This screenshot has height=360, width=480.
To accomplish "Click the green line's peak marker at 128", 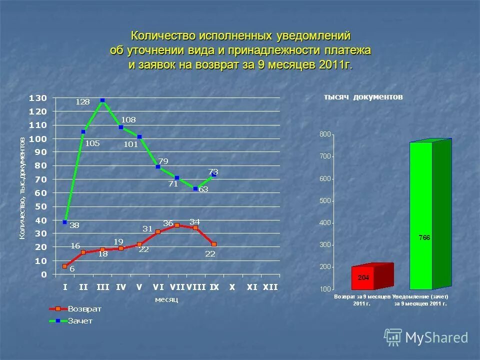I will click(102, 100).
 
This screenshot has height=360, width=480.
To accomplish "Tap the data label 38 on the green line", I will click(74, 225).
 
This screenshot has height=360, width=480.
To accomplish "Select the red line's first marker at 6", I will click(65, 266).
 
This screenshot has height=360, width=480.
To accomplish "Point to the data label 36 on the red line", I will click(168, 223).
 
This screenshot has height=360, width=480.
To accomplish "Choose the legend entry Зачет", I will click(80, 321).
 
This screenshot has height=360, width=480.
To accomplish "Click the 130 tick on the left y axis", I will click(38, 97).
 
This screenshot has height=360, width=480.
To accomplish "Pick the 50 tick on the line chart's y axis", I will click(40, 206).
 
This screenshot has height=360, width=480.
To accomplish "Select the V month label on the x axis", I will click(139, 287).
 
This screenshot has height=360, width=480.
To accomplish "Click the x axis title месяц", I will click(166, 299).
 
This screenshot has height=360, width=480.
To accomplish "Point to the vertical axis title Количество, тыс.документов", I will click(22, 188).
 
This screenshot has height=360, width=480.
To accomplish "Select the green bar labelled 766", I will click(421, 216).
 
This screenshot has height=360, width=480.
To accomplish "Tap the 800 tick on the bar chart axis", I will click(325, 134).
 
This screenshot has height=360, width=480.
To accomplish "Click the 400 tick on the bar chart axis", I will click(325, 223).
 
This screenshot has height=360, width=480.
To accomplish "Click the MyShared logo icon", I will click(393, 337).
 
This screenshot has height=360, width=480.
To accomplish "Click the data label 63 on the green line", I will click(203, 189).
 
